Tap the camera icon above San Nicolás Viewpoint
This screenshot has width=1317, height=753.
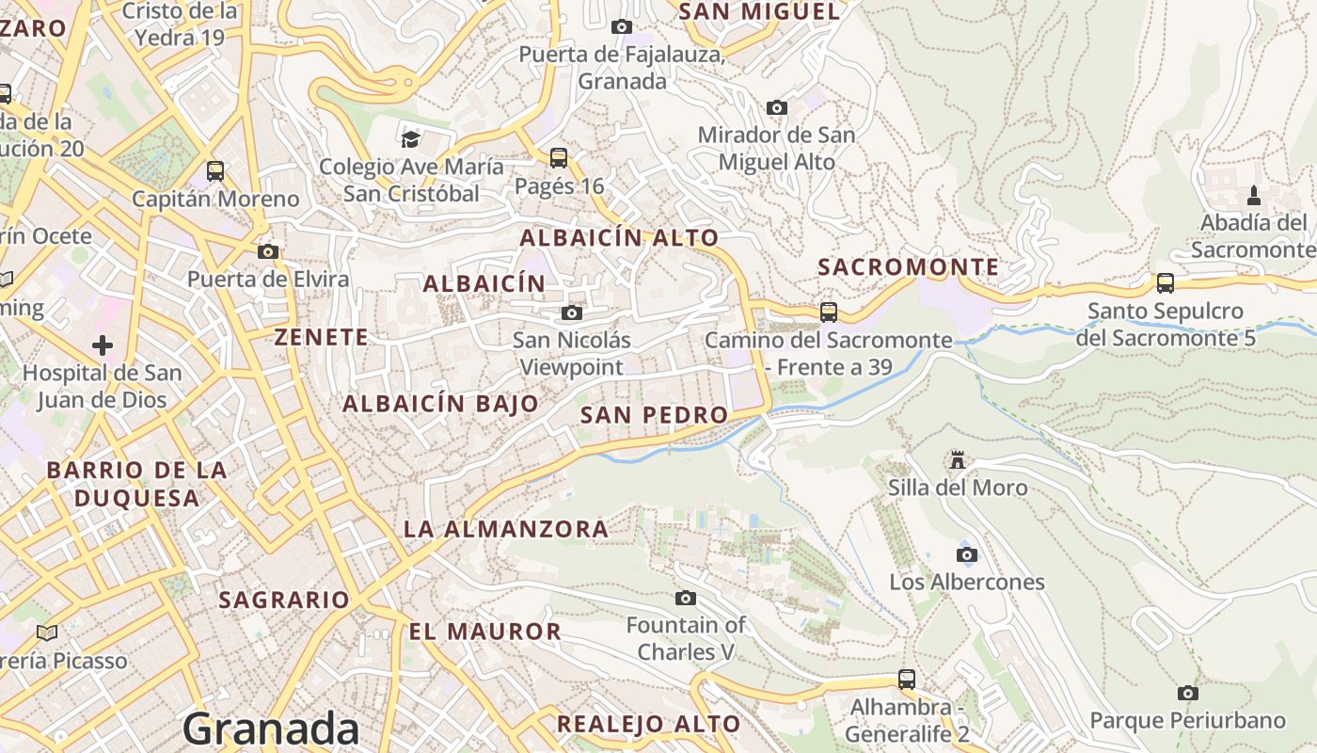[571, 312]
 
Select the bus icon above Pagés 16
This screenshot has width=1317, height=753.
[559, 157]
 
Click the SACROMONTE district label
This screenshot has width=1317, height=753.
[908, 267]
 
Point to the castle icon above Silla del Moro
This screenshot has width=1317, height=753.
[958, 459]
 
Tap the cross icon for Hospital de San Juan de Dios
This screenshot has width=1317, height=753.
[103, 345]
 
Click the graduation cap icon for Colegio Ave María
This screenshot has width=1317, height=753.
[410, 139]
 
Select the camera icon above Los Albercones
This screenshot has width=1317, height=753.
[966, 554]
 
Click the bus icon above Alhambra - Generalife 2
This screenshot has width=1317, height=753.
[906, 679]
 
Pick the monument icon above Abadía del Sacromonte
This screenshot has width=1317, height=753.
[1252, 196]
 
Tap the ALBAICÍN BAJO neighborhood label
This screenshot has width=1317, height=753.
[440, 404]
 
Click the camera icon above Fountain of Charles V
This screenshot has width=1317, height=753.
[686, 598]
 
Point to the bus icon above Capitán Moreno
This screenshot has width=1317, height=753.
[215, 171]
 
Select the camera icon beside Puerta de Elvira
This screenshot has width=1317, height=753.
[268, 251]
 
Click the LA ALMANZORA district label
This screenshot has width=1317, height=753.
[506, 529]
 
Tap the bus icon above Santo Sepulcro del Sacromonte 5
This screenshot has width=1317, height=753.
[1165, 282]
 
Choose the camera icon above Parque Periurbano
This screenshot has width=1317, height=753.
[1187, 693]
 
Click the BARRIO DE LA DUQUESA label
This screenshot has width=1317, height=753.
[137, 484]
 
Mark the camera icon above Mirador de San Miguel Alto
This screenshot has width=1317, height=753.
[776, 107]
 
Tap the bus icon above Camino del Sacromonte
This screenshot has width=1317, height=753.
[828, 312]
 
